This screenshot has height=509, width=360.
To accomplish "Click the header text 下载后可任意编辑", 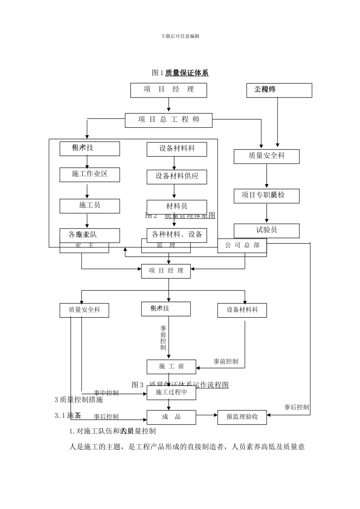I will (x=180, y=36).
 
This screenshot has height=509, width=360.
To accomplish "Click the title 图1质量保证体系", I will (x=180, y=73).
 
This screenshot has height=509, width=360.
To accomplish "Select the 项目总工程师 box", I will (x=169, y=120).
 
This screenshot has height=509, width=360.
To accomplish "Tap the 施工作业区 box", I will (x=89, y=174).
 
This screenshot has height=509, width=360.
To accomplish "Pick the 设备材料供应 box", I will (x=177, y=176).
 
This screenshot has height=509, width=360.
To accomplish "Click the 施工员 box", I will (x=89, y=206).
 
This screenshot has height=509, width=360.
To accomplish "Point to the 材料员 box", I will (x=177, y=206).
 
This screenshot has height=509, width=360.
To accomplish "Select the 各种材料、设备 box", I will (x=177, y=235).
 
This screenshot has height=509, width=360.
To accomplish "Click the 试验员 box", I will (x=266, y=230).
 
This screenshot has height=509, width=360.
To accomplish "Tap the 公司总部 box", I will (x=242, y=245).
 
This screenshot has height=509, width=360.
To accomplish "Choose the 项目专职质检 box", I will (x=266, y=195).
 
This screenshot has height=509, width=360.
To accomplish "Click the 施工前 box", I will (x=171, y=367).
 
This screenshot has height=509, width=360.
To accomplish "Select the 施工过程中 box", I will (x=171, y=392).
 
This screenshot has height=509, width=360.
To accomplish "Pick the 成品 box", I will (x=171, y=417).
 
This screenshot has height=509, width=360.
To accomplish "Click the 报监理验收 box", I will (x=242, y=417).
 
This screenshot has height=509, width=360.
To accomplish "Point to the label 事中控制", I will (x=106, y=393).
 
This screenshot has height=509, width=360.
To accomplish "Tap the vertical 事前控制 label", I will (x=163, y=338).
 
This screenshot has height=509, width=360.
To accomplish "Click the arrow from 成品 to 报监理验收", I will (x=207, y=415).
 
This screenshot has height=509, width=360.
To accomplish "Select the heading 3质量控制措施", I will (x=79, y=400).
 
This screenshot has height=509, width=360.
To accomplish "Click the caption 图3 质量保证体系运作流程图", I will (x=180, y=385).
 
